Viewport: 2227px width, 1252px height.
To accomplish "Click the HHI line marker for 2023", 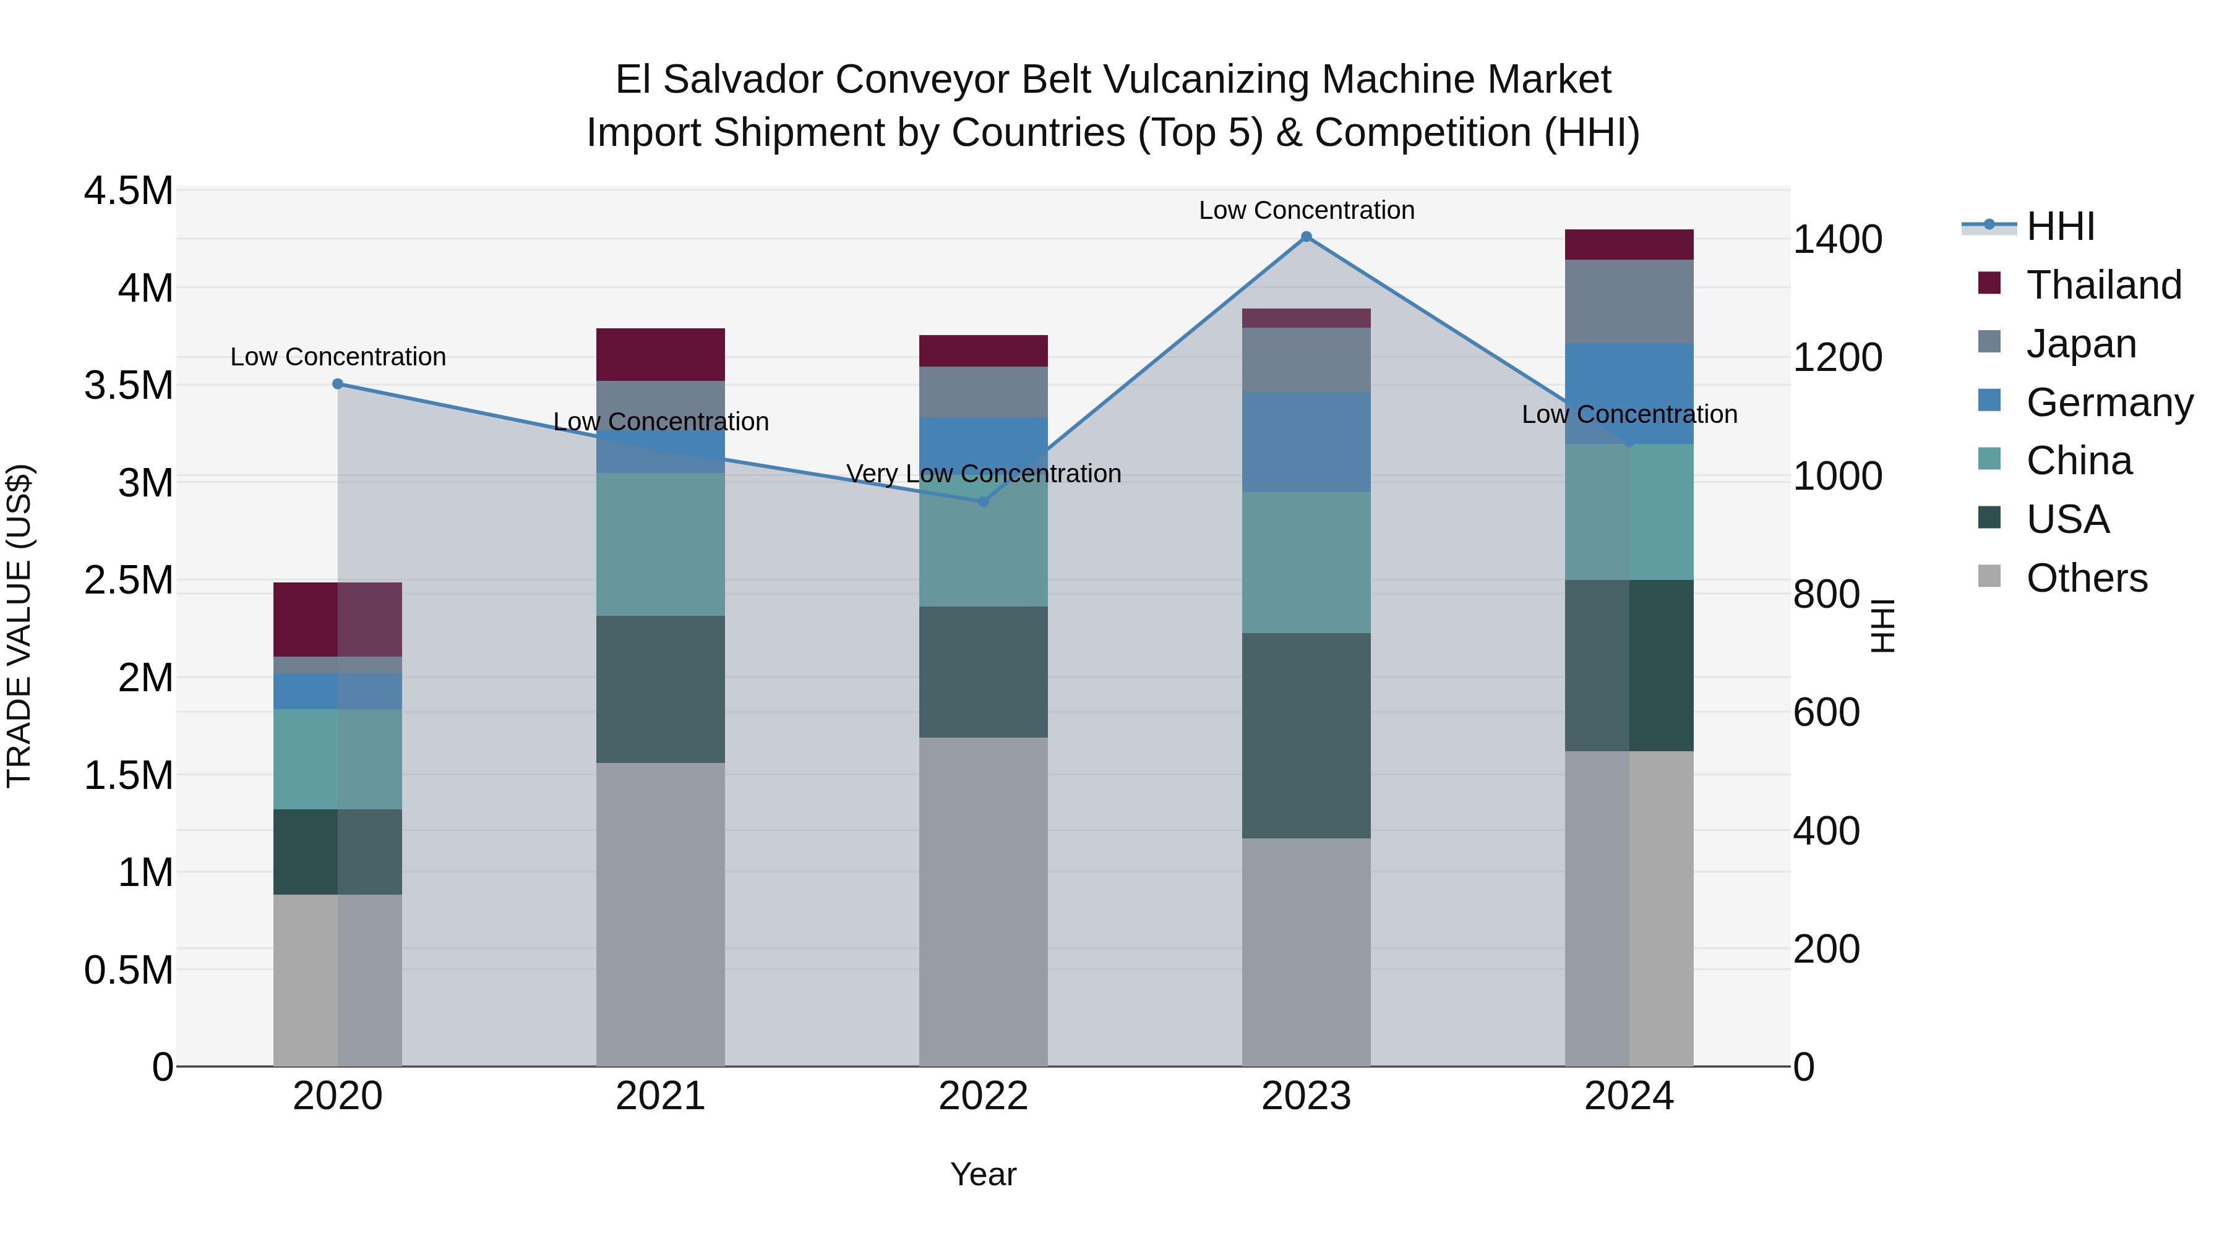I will pyautogui.click(x=1307, y=237).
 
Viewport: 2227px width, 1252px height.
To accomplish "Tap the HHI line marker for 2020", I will pyautogui.click(x=338, y=383).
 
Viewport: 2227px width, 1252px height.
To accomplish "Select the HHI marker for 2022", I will pyautogui.click(x=983, y=501).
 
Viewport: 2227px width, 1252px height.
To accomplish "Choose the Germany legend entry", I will pyautogui.click(x=2109, y=402).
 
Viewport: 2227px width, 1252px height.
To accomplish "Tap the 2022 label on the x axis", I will pyautogui.click(x=983, y=1096).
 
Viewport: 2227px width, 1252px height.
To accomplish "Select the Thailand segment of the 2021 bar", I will pyautogui.click(x=661, y=354).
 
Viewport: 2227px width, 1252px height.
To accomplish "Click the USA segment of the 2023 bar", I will pyautogui.click(x=1307, y=735).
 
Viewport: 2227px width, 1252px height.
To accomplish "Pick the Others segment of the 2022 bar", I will pyautogui.click(x=983, y=901).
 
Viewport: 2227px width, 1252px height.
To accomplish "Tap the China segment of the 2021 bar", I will pyautogui.click(x=661, y=543).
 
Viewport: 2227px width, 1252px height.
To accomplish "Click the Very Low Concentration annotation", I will pyautogui.click(x=983, y=474).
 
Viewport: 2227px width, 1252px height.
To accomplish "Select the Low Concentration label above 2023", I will pyautogui.click(x=1307, y=210).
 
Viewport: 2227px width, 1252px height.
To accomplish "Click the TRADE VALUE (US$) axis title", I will pyautogui.click(x=19, y=626).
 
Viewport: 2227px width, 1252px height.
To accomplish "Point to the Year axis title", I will pyautogui.click(x=983, y=1174).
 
